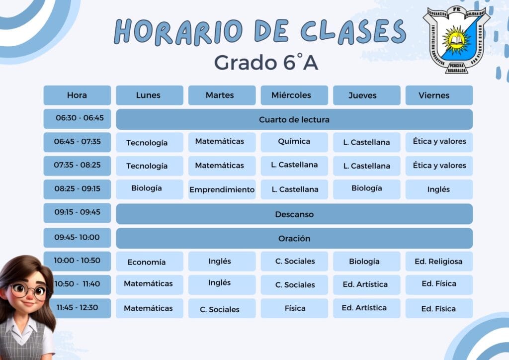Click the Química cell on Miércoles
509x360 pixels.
click(294, 142)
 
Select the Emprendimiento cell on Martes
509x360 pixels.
click(222, 189)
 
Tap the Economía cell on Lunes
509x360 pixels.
click(149, 262)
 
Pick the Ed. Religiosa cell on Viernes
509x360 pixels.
click(439, 262)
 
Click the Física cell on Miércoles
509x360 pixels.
click(294, 308)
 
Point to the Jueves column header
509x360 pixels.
click(366, 95)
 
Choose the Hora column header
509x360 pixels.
click(77, 95)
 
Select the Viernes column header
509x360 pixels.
click(439, 95)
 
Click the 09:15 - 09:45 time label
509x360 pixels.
click(77, 213)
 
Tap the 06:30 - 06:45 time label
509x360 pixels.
click(77, 118)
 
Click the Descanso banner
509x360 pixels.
click(294, 214)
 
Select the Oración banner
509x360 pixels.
click(294, 238)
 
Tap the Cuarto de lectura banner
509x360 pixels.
click(294, 119)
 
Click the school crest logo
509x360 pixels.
click(456, 40)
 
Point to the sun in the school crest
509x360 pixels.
click(456, 40)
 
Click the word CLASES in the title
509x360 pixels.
click(353, 31)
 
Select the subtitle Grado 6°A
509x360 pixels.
click(266, 62)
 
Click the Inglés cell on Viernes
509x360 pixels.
click(439, 189)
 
